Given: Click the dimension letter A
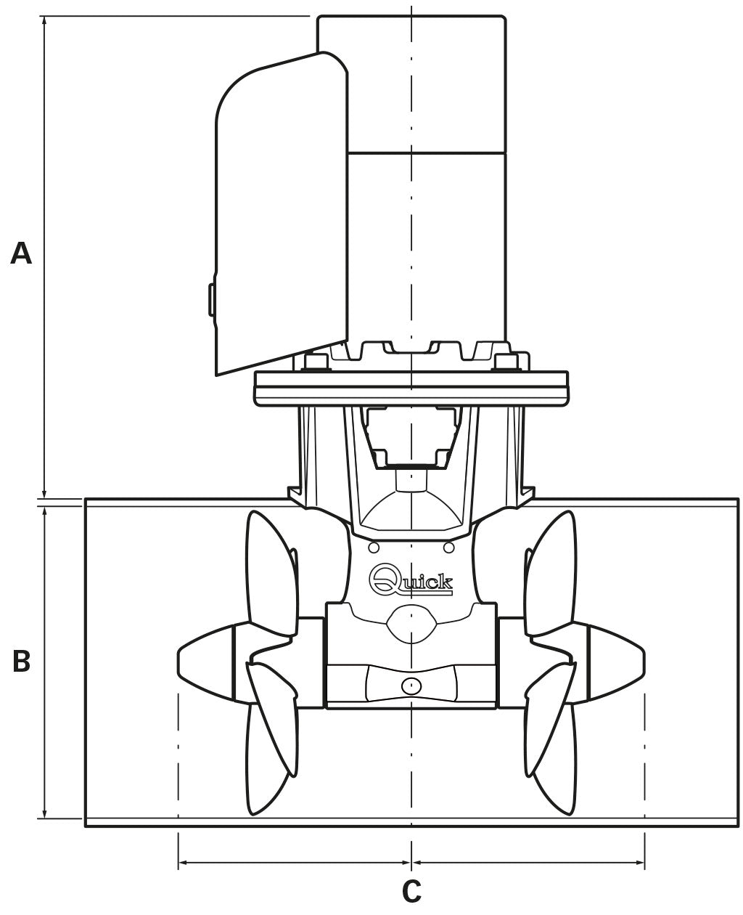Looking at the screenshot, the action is [21, 253].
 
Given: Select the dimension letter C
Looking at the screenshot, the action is [411, 891].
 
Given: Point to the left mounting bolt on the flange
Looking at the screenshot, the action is [316, 362].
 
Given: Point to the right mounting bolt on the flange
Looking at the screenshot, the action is [506, 362].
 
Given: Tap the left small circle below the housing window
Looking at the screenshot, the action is [374, 548].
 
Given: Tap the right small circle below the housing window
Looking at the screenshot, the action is [448, 548].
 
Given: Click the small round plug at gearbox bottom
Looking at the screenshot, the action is [411, 686].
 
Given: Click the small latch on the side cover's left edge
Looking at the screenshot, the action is [211, 299].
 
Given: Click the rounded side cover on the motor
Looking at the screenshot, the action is [281, 215].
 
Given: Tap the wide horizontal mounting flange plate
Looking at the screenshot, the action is [411, 389].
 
